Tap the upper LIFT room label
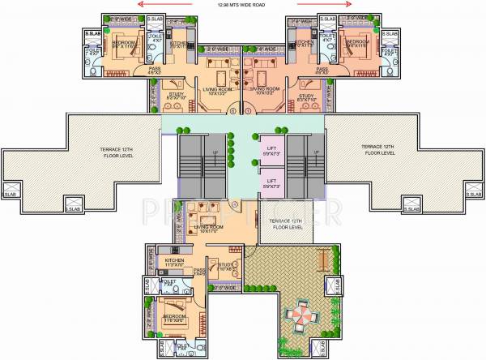(x=272, y=148)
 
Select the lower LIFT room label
(x=272, y=184)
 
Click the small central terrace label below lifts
(x=285, y=223)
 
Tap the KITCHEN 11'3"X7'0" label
(x=173, y=262)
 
